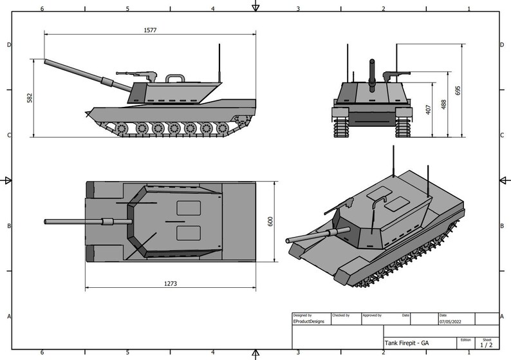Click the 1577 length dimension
[x=151, y=30]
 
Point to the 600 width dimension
[x=272, y=220]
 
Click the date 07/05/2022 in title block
[x=449, y=321]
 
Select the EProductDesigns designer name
[x=309, y=321]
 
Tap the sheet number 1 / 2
[x=486, y=345]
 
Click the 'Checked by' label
[x=340, y=315]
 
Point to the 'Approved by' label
[x=371, y=315]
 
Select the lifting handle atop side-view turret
[x=175, y=78]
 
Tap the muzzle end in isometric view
[x=288, y=240]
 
